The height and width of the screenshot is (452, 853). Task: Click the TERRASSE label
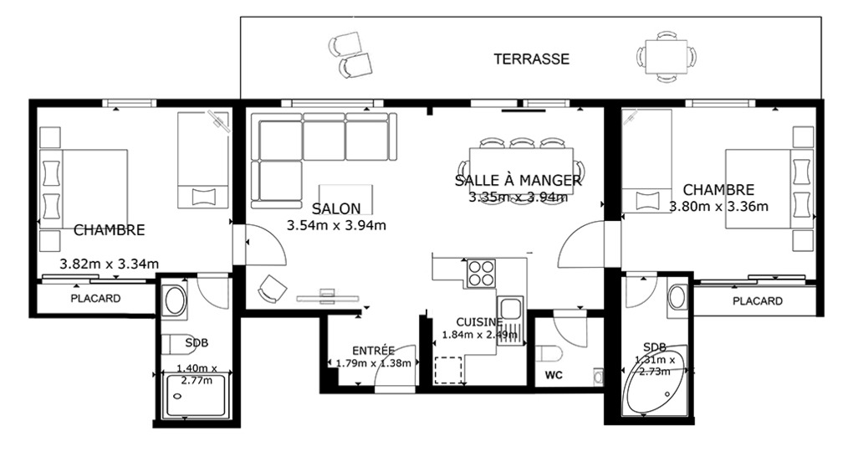[x=532, y=59]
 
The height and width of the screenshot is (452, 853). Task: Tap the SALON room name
[x=336, y=208]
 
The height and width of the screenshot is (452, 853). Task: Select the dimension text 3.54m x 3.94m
[x=336, y=225]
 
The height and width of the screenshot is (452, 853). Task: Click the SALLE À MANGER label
[x=518, y=180]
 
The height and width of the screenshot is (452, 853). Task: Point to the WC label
[x=554, y=375]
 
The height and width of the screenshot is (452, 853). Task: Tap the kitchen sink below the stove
[x=511, y=310]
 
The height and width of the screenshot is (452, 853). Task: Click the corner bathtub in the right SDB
[x=656, y=379]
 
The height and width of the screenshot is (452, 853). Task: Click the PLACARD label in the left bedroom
[x=95, y=299]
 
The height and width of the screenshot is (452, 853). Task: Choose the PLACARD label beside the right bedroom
[x=758, y=301]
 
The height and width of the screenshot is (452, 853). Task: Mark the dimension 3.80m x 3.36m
[x=718, y=207]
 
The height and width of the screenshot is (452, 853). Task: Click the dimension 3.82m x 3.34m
[x=110, y=265]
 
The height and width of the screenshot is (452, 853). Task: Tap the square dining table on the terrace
[x=667, y=57]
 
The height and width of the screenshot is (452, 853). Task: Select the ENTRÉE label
[x=373, y=350]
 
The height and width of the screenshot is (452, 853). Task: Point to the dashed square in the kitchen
[x=447, y=370]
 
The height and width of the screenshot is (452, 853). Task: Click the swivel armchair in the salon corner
[x=272, y=288]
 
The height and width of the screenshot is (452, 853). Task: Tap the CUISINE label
[x=479, y=322]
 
